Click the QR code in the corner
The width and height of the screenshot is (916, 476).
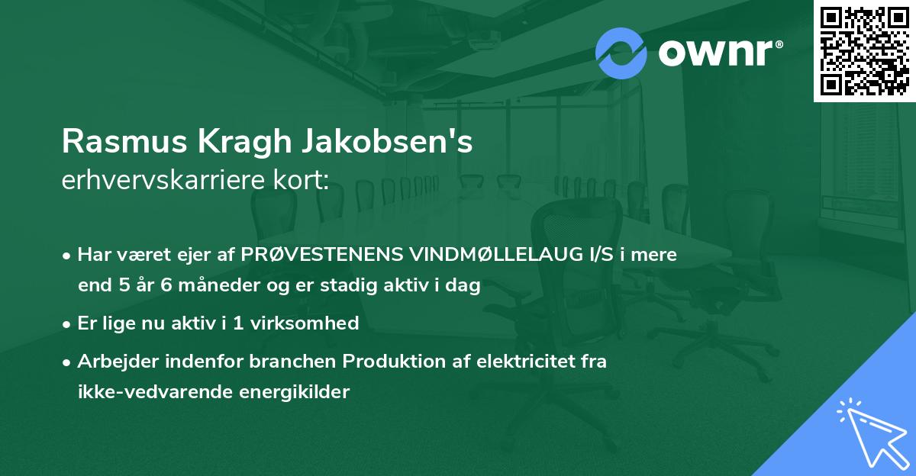point(864,51)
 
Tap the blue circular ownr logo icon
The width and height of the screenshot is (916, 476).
point(621,53)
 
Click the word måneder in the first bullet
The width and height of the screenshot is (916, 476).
point(199,287)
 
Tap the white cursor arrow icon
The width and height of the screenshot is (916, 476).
point(871,432)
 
